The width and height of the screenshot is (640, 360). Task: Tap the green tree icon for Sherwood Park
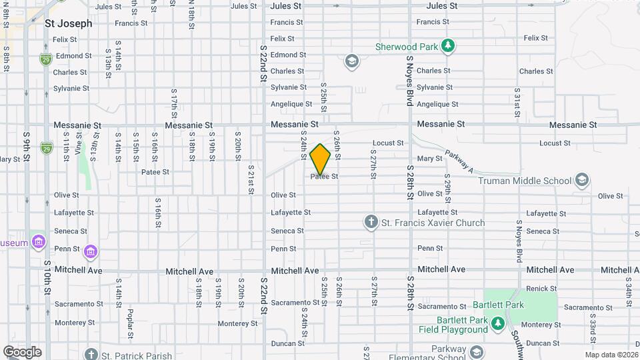(450, 46)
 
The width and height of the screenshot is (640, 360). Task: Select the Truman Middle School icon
(582, 180)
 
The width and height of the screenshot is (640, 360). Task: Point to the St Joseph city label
(68, 23)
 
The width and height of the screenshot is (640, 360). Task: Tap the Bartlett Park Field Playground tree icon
(497, 324)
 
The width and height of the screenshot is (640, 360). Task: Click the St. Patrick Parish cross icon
(91, 355)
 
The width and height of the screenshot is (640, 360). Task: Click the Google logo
(21, 352)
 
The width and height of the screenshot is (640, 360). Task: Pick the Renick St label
(541, 288)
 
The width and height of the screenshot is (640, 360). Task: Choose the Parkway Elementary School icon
(476, 351)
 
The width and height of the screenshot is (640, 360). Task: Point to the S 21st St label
(251, 180)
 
